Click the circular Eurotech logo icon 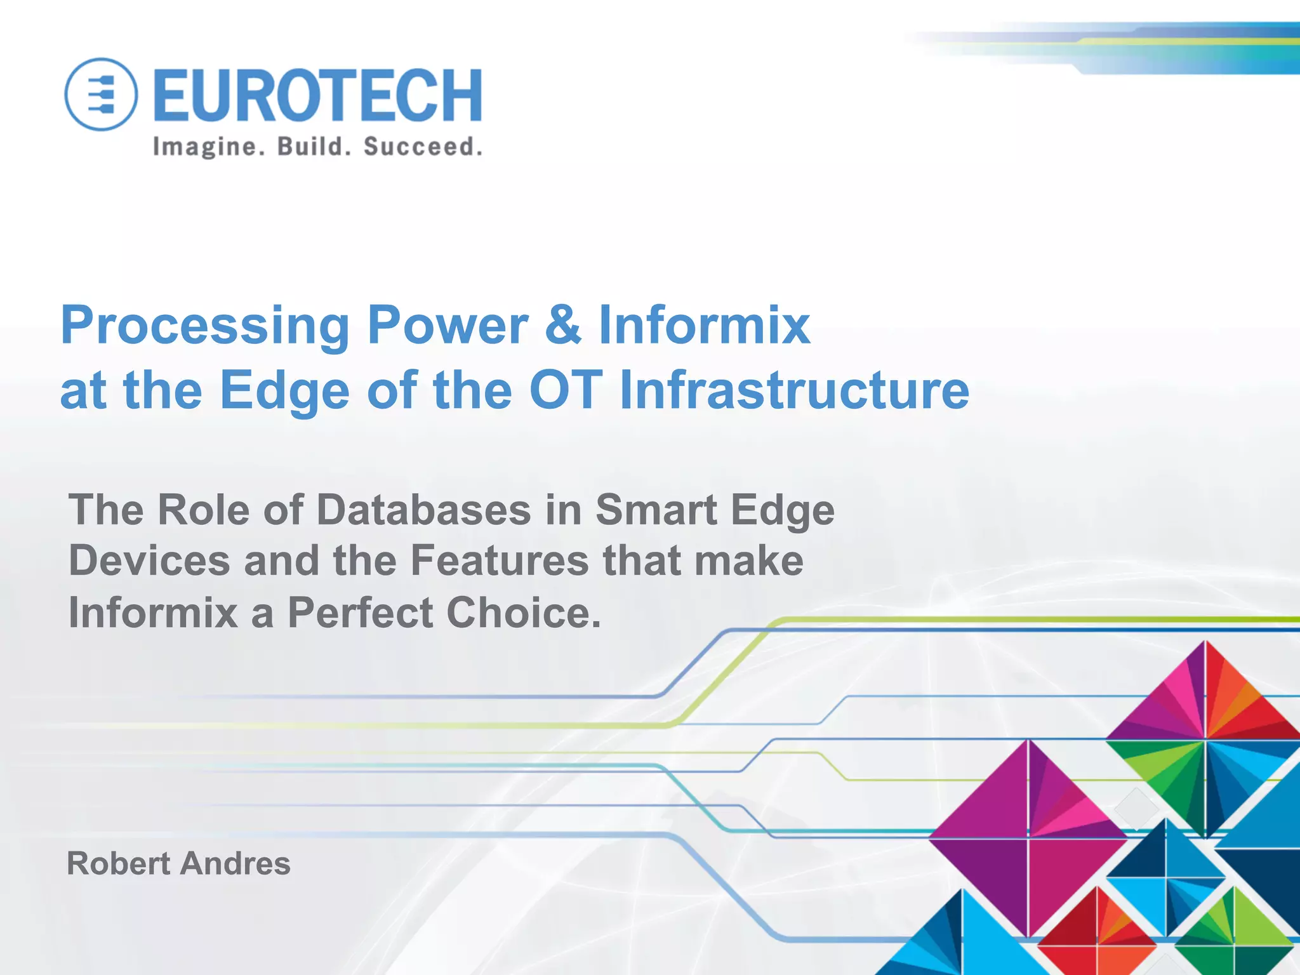[101, 95]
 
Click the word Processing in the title [205, 326]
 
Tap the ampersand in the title [563, 324]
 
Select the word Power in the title [448, 324]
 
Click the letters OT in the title [566, 390]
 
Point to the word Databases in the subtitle [424, 510]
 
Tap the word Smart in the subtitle [656, 510]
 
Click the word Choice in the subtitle [523, 613]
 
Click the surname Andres [235, 863]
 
